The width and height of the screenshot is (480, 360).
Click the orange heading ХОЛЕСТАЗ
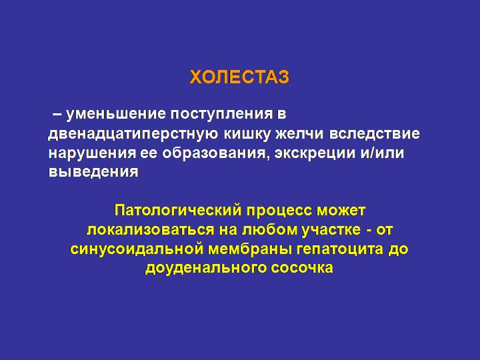pyautogui.click(x=239, y=77)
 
